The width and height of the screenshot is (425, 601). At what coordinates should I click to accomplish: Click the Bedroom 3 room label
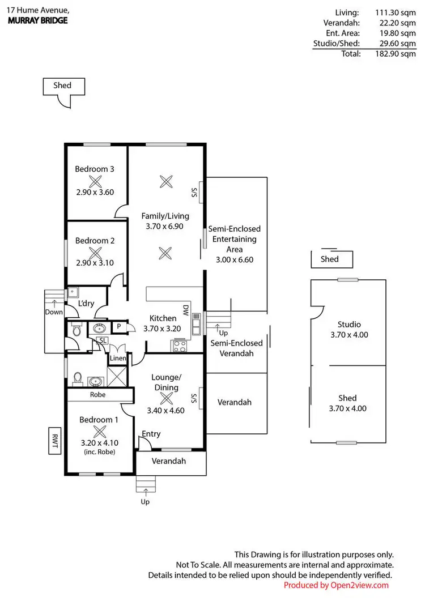click(x=95, y=169)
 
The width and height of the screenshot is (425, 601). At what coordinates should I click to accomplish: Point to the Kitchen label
click(x=163, y=318)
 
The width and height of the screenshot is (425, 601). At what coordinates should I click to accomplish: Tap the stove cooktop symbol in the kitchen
click(x=180, y=346)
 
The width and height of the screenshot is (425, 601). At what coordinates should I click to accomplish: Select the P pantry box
click(x=119, y=326)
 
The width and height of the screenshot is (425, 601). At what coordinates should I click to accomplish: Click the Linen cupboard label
click(x=118, y=359)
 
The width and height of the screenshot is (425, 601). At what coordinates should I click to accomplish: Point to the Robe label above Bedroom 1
click(x=99, y=395)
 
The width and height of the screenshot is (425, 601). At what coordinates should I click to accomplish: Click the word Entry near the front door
click(x=151, y=434)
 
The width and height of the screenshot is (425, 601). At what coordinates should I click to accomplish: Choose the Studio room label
click(x=349, y=325)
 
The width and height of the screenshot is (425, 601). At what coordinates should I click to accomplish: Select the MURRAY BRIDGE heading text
click(x=37, y=20)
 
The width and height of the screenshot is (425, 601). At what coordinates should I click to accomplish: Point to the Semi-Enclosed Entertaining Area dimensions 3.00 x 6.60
click(x=235, y=259)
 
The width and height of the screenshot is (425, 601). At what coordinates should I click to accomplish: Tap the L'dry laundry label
click(x=86, y=304)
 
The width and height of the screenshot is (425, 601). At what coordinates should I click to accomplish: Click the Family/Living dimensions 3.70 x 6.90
click(x=165, y=227)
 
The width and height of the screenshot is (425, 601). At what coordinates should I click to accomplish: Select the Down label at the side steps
click(x=54, y=312)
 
